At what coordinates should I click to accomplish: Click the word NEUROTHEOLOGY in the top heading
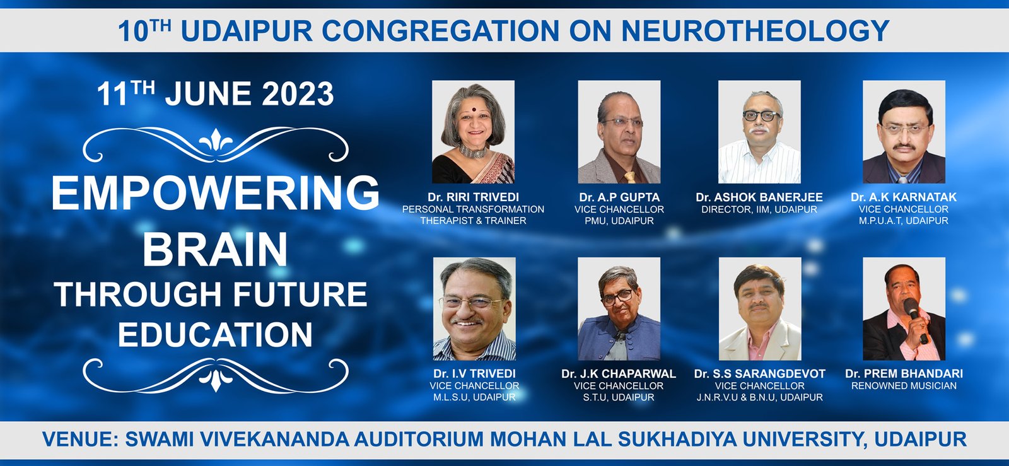pyautogui.click(x=755, y=31)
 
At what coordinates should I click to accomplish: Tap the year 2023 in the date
pyautogui.click(x=298, y=94)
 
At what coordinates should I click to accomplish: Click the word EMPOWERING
pyautogui.click(x=215, y=193)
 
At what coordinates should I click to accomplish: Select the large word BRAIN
pyautogui.click(x=215, y=249)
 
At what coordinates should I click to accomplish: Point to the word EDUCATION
pyautogui.click(x=215, y=335)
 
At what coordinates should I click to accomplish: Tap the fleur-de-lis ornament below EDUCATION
pyautogui.click(x=216, y=377)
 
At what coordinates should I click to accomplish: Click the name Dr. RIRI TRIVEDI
pyautogui.click(x=474, y=197)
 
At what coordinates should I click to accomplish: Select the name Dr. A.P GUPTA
pyautogui.click(x=619, y=197)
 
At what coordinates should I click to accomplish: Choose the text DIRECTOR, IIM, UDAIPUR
pyautogui.click(x=759, y=209)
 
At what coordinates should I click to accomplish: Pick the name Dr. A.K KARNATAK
pyautogui.click(x=904, y=197)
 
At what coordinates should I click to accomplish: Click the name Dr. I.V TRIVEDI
pyautogui.click(x=474, y=374)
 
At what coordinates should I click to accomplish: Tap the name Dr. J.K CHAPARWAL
pyautogui.click(x=619, y=374)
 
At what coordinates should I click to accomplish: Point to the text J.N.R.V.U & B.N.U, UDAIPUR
pyautogui.click(x=759, y=397)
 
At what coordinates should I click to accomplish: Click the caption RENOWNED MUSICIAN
pyautogui.click(x=904, y=386)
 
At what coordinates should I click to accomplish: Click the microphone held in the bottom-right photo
pyautogui.click(x=916, y=320)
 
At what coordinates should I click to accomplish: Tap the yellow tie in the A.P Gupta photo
pyautogui.click(x=630, y=177)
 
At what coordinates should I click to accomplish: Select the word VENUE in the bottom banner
pyautogui.click(x=81, y=440)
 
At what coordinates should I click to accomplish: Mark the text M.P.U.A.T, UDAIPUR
pyautogui.click(x=904, y=221)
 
